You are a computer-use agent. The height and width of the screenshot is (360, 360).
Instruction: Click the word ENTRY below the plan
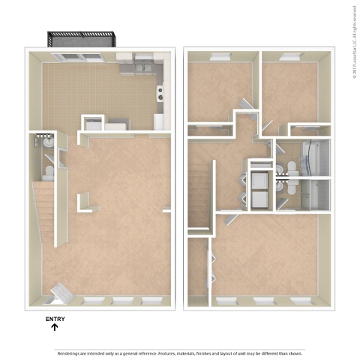tap(55, 319)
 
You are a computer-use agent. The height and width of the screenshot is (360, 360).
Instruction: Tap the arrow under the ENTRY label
tap(55, 328)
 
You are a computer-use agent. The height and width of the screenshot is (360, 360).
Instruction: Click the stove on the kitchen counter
tap(160, 94)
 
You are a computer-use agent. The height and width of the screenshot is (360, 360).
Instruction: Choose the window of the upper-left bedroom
tap(221, 56)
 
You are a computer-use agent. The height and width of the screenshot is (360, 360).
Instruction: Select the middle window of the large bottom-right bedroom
tap(263, 300)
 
